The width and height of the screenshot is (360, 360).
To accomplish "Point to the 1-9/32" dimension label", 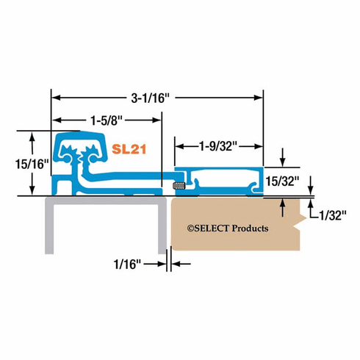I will [218, 146].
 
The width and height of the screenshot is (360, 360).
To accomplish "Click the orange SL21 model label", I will [130, 148].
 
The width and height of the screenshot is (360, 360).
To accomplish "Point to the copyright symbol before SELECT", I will [190, 228].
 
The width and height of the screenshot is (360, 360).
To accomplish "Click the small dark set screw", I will [176, 185].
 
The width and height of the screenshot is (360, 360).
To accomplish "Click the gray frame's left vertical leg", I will [51, 228].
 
